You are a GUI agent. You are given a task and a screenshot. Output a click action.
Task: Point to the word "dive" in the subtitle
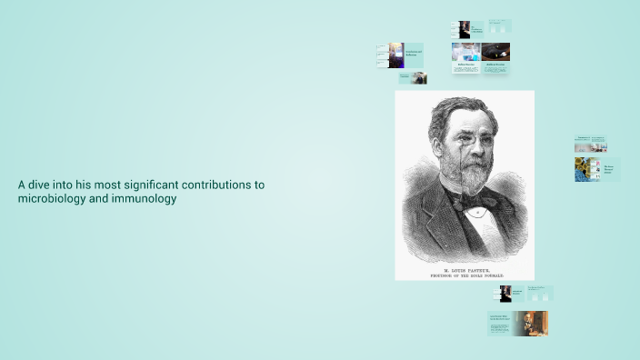pos(39,185)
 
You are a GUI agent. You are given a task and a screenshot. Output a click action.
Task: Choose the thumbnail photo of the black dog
pos(496,52)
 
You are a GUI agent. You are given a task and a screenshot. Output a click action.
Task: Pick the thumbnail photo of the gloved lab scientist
pos(465,52)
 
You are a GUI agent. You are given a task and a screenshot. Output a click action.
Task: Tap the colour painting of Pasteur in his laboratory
pos(530,323)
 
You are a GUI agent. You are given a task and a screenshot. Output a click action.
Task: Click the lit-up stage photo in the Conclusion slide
pos(396,55)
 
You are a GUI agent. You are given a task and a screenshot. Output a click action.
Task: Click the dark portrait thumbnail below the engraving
pos(505,294)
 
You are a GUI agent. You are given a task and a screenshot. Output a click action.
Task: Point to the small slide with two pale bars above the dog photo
pos(499,26)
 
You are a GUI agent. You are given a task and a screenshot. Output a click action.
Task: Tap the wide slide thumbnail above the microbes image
pos(590,144)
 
